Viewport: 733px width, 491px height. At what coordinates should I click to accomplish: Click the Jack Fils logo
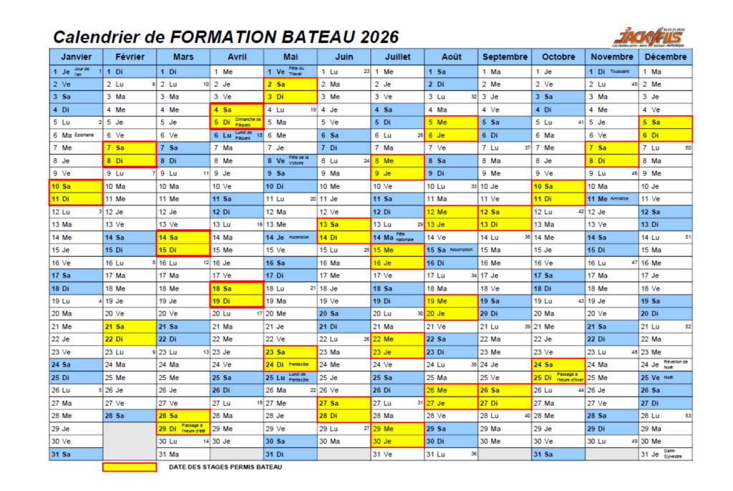649,35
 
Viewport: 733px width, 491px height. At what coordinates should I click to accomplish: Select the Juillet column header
397,57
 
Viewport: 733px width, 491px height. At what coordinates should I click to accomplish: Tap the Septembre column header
505,57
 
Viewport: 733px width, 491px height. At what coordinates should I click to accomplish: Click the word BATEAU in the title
320,37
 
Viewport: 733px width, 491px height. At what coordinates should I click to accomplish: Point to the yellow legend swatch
130,467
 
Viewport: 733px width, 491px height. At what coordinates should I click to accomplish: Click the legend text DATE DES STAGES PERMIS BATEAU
225,467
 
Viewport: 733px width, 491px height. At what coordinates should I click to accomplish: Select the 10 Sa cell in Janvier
76,186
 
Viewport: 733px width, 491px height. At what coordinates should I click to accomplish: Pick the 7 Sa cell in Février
130,147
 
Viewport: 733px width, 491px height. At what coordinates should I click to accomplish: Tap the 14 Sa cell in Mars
183,237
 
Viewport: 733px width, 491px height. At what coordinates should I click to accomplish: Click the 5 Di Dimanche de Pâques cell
236,122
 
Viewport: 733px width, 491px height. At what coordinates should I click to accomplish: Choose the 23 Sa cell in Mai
290,351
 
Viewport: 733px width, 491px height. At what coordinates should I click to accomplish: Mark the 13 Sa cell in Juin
344,224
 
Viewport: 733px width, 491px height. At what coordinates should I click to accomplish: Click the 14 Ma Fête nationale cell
397,237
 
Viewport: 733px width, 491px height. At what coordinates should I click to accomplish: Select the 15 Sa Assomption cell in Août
451,250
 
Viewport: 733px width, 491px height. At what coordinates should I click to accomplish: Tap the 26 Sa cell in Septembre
505,390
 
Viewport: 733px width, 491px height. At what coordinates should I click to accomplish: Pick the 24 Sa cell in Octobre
558,364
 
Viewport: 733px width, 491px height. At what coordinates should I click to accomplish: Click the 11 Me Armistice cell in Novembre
612,199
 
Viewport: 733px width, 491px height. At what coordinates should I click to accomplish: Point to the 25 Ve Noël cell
666,377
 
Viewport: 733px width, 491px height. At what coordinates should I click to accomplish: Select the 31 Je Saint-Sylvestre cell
666,454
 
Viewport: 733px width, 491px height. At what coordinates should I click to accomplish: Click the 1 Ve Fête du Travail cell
290,72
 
